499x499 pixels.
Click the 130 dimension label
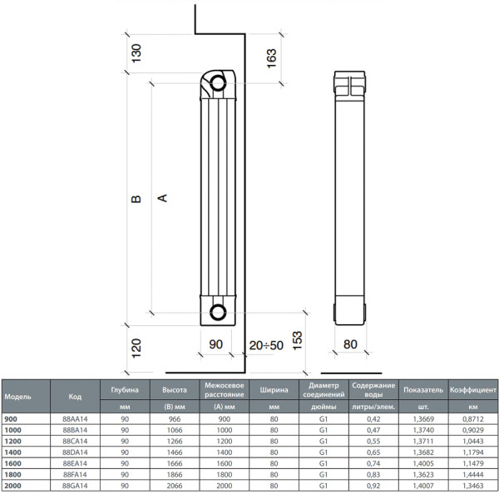click(x=136, y=53)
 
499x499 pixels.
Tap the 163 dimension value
click(x=271, y=58)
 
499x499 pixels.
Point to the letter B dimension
click(x=136, y=199)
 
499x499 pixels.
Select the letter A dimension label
click(x=163, y=198)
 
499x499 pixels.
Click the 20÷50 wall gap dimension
click(x=266, y=345)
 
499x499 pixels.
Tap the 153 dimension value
click(x=297, y=341)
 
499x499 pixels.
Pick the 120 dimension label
click(x=136, y=348)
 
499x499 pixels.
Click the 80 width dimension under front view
click(x=350, y=344)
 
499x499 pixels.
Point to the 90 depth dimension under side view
click(x=215, y=344)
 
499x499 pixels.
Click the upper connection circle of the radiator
click(x=218, y=83)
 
